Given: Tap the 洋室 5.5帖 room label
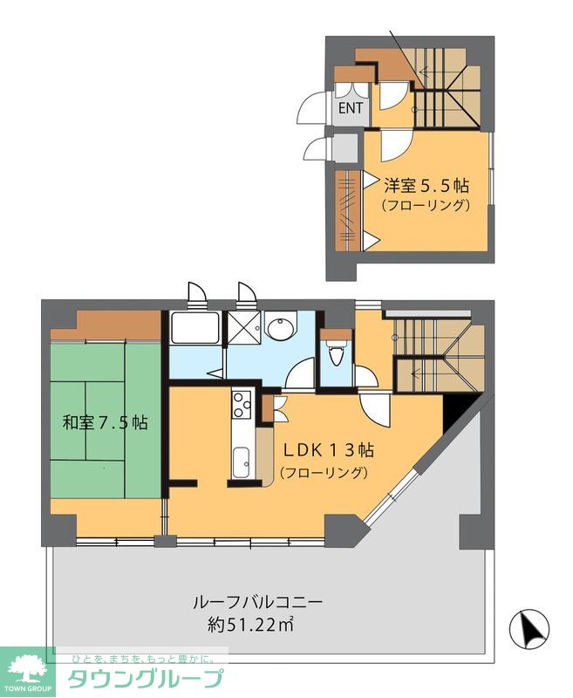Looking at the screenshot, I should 427,186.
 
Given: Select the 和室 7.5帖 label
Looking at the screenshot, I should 105,424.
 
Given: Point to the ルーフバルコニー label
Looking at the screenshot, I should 259,602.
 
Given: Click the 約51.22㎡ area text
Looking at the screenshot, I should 250,624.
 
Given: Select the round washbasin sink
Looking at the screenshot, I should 279,330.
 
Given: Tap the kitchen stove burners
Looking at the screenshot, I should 241,404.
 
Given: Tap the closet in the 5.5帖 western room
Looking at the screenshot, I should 348,209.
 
